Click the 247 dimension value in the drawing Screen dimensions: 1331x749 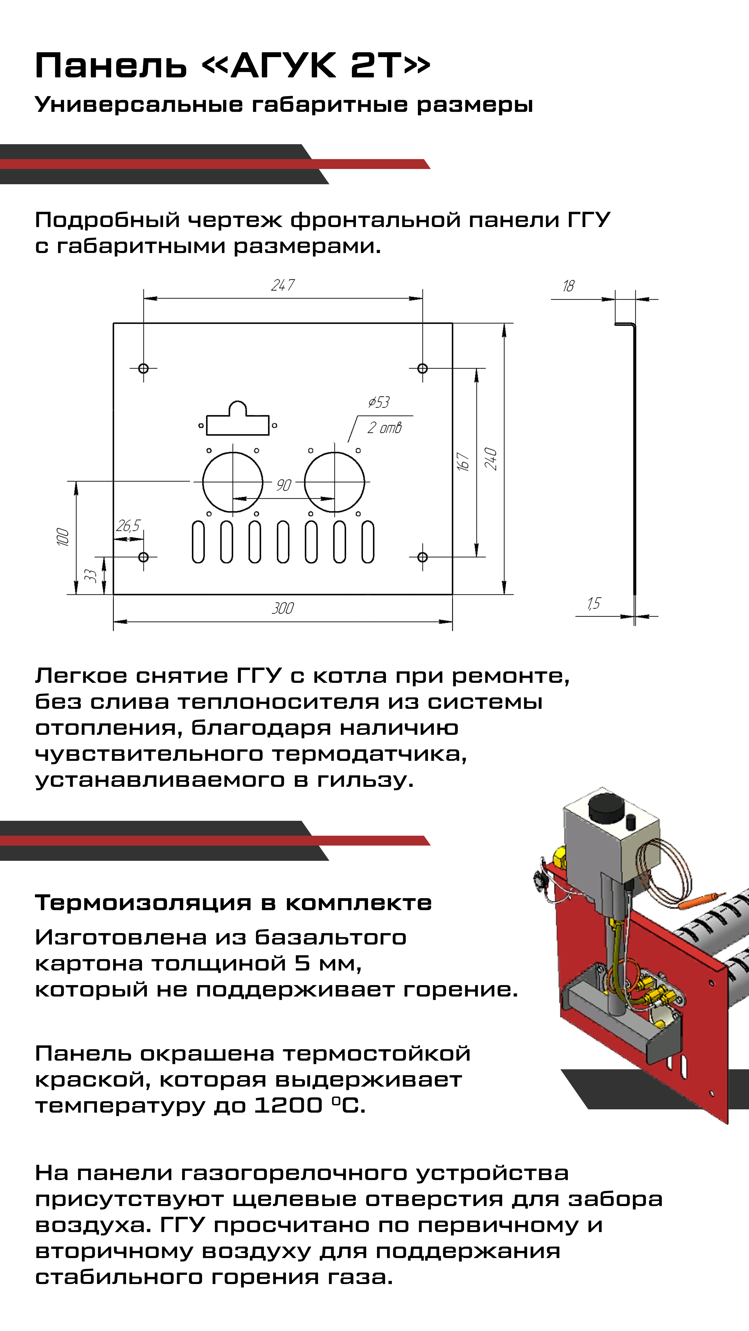(283, 285)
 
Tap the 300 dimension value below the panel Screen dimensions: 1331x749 (283, 608)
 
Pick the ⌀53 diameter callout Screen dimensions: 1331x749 (379, 402)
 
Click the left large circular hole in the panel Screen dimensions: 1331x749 (233, 482)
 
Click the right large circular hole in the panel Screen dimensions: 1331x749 (334, 482)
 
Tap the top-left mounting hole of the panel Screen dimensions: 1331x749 (144, 368)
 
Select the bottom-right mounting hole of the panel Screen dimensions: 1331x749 (422, 557)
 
